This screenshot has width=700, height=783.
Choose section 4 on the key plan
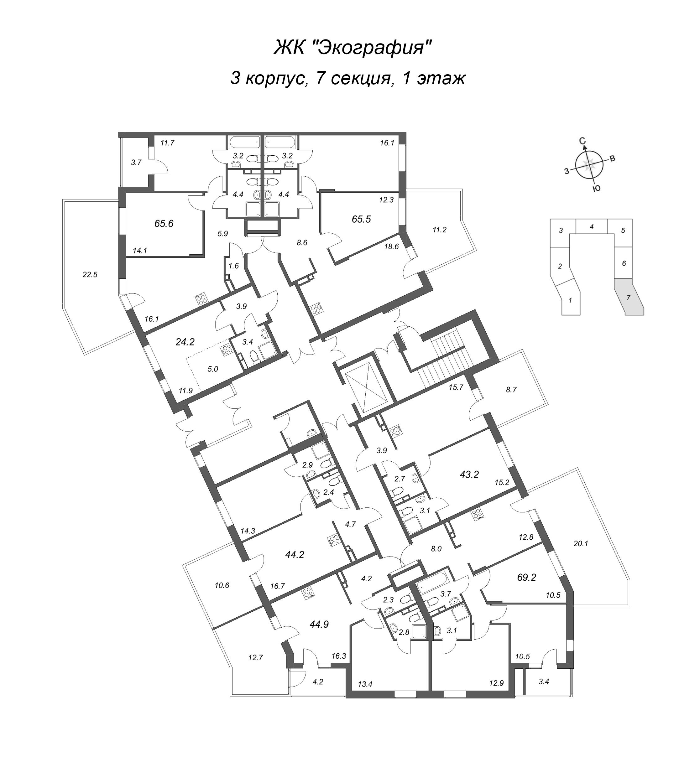click(592, 227)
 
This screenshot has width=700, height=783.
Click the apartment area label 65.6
click(164, 223)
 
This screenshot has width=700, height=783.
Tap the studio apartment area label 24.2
click(185, 342)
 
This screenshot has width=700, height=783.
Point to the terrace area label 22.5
click(90, 275)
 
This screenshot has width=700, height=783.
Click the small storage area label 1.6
click(234, 266)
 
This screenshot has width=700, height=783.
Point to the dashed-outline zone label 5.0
click(213, 369)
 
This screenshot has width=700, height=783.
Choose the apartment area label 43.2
click(469, 475)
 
